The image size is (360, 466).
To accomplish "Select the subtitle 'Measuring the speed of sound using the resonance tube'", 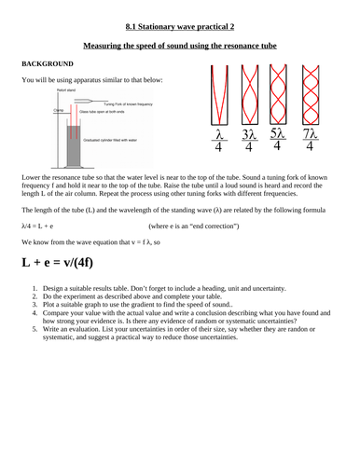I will pos(179,44).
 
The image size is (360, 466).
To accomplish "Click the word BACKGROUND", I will pos(40,63).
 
